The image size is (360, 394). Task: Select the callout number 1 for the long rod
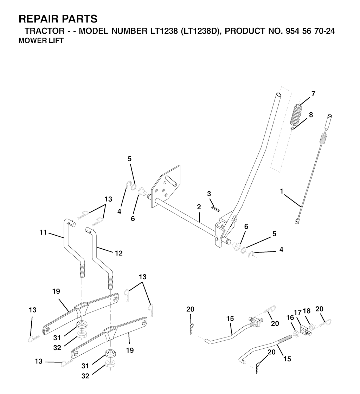(x=282, y=191)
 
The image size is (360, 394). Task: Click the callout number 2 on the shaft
(x=199, y=207)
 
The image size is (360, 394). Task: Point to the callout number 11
(x=43, y=232)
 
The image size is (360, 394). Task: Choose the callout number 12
(x=118, y=253)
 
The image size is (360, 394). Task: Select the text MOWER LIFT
(x=41, y=40)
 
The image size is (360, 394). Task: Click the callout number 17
(x=297, y=312)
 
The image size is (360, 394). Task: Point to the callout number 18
(x=307, y=311)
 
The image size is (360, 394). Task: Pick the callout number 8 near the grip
(x=311, y=115)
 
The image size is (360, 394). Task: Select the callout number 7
(x=313, y=93)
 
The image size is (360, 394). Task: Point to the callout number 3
(x=209, y=193)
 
